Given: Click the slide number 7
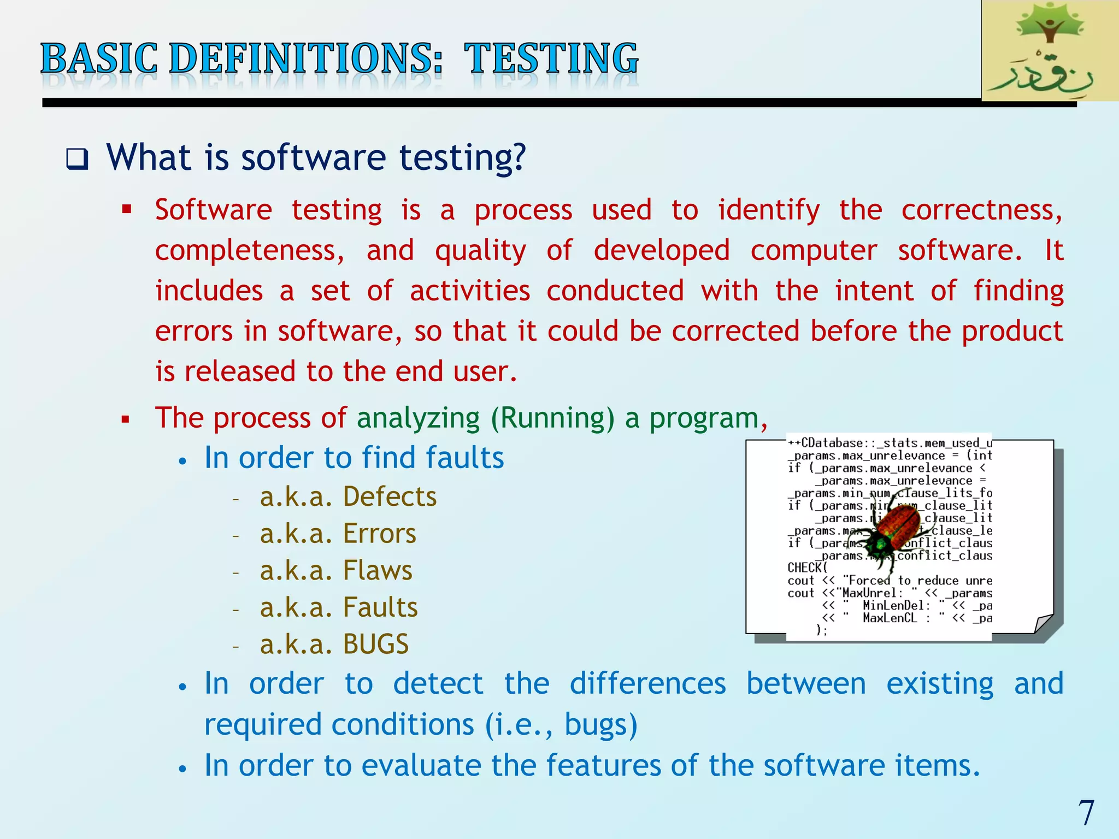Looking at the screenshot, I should tap(1086, 813).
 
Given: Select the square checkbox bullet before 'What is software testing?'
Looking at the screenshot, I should tap(77, 159).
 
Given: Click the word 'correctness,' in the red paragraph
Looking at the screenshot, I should tap(982, 210).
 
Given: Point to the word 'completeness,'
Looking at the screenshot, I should tap(250, 251).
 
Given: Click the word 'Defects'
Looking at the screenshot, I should tap(390, 497).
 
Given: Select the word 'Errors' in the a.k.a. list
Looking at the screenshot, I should tap(379, 534).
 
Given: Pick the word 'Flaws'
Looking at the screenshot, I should tap(378, 571).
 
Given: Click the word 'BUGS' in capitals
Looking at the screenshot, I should tap(376, 645).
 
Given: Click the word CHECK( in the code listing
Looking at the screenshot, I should tap(807, 568).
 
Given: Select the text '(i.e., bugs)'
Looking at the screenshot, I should tap(561, 725).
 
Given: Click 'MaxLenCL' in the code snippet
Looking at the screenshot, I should tap(890, 618).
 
